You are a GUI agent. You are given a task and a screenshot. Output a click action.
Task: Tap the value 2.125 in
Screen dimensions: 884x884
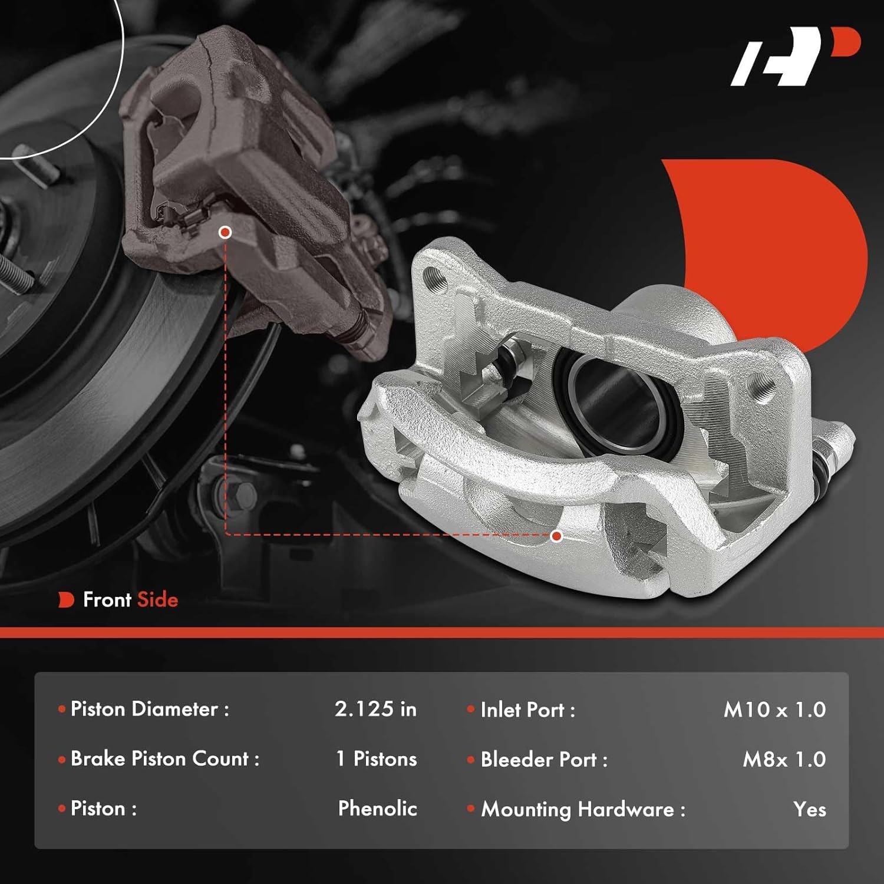click(x=375, y=709)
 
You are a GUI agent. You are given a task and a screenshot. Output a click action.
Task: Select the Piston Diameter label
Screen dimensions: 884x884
click(x=149, y=709)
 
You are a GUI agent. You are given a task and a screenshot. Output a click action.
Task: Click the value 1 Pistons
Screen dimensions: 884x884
click(x=376, y=759)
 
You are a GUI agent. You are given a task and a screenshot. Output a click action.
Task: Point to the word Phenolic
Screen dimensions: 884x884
click(x=377, y=809)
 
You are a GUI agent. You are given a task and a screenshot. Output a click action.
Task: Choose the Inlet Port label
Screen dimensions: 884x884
click(x=527, y=710)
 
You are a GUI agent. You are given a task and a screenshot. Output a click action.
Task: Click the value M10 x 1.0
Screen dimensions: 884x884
click(x=774, y=710)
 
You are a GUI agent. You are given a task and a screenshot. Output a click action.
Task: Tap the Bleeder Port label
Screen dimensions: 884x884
click(x=543, y=760)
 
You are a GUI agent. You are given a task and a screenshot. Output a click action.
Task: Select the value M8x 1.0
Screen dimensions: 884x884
click(x=784, y=760)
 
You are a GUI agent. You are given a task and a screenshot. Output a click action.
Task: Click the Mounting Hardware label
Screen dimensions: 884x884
click(x=583, y=810)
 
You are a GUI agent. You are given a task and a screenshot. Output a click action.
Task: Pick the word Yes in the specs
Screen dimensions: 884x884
click(x=809, y=810)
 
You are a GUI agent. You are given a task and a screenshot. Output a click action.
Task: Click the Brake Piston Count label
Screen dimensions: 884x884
click(x=164, y=759)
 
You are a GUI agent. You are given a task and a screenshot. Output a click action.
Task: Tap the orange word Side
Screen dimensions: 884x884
click(x=157, y=600)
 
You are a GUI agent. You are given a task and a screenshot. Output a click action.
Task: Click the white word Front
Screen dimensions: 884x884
click(x=107, y=600)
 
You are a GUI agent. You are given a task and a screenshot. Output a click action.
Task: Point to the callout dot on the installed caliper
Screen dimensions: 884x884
click(x=225, y=232)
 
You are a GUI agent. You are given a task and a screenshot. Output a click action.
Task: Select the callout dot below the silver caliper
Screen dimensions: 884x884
click(x=556, y=536)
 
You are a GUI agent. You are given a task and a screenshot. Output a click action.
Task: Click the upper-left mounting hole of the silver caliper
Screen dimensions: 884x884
click(x=435, y=276)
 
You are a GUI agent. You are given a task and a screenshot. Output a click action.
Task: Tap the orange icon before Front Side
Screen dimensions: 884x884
click(x=66, y=600)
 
